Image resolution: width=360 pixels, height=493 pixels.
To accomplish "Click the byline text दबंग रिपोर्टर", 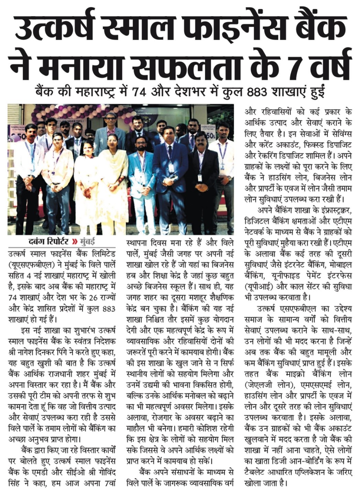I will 48,241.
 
